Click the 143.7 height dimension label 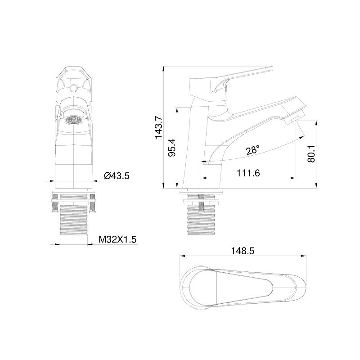159,127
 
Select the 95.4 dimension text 172,148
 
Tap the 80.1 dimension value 311,154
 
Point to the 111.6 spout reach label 248,173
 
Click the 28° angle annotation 253,150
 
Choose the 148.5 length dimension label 243,251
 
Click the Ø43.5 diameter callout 117,176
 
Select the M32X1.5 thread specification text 117,239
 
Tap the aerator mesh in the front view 74,120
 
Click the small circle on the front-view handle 74,87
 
